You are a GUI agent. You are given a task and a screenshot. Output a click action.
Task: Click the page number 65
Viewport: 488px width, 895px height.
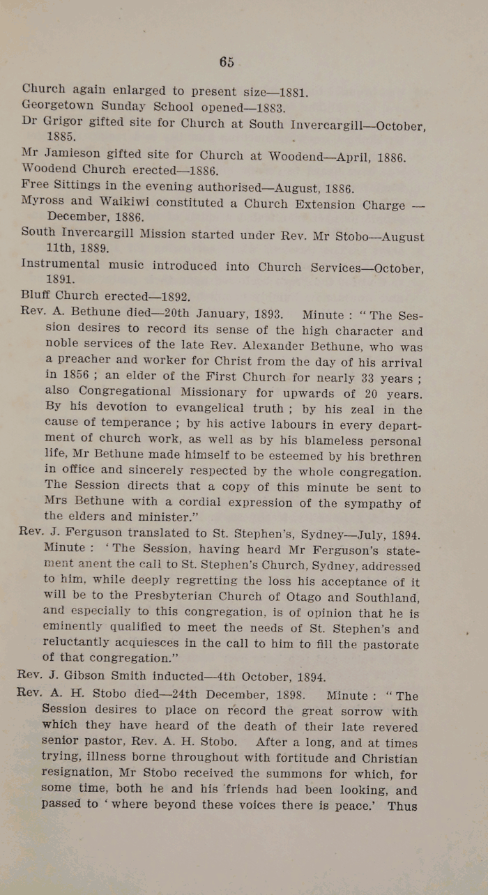227,62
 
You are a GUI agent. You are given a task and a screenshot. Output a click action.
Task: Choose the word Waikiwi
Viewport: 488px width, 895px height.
123,202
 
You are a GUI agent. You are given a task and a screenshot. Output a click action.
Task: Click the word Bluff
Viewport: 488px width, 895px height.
36,295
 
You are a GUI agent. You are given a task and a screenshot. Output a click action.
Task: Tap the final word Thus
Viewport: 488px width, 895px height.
402,806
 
